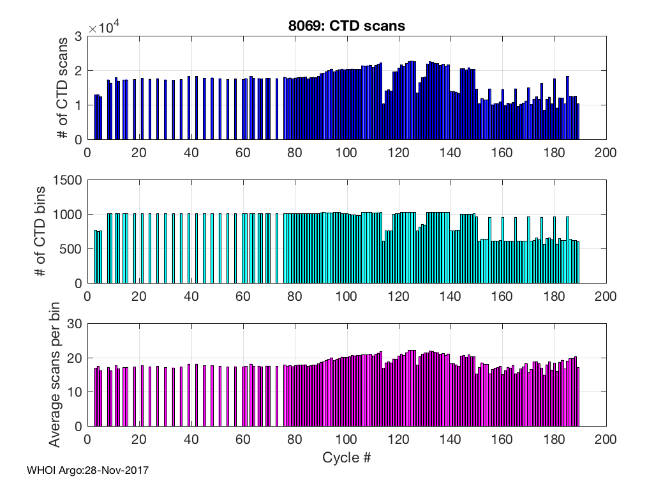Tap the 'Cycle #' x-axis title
(x=346, y=458)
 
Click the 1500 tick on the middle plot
(x=68, y=180)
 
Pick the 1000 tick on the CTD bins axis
(x=68, y=215)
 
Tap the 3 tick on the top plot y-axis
(x=78, y=36)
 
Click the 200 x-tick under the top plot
(x=605, y=153)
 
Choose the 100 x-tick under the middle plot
(x=346, y=296)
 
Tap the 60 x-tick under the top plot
(x=242, y=153)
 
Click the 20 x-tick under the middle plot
(x=139, y=296)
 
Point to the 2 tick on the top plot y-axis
(x=78, y=71)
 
